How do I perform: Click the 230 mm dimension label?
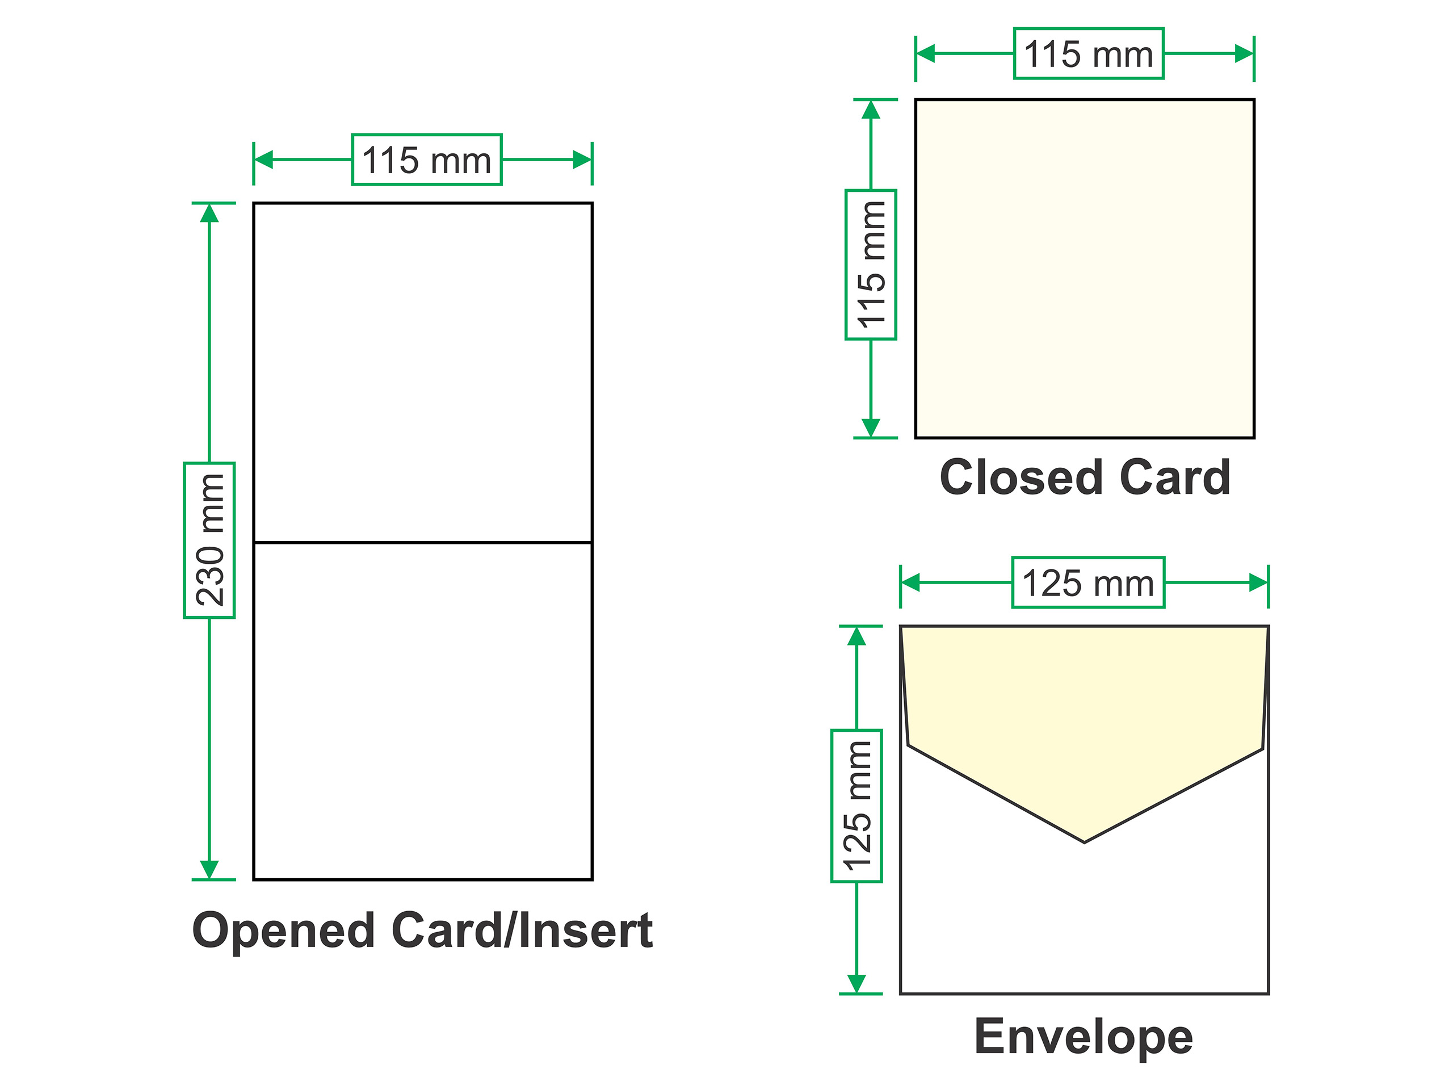click(209, 540)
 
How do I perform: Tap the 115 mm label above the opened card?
click(427, 160)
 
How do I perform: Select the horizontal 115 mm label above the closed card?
click(1089, 53)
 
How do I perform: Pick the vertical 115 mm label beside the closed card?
click(871, 265)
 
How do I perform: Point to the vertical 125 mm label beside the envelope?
click(856, 806)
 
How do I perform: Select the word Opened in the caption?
click(283, 932)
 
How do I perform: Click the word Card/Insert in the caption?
click(522, 930)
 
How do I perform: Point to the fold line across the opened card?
click(423, 543)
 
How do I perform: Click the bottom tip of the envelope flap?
click(1085, 842)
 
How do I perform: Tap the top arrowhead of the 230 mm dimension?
click(209, 212)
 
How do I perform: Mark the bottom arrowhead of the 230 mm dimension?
click(209, 870)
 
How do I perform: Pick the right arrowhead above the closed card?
click(1244, 53)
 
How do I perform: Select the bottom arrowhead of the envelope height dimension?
click(856, 984)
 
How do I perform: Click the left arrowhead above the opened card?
click(263, 160)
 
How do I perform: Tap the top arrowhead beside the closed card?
click(871, 109)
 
